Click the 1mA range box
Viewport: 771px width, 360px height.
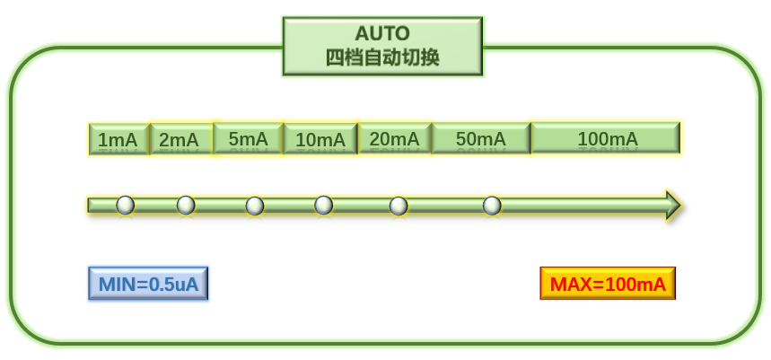point(118,140)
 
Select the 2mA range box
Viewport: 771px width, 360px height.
point(180,140)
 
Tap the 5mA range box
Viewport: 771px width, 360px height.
point(249,139)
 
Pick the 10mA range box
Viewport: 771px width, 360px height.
point(320,140)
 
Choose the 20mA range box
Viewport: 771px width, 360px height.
point(394,139)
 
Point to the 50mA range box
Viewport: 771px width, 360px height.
point(481,139)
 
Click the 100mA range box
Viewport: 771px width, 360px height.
point(606,138)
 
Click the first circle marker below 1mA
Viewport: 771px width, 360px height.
point(126,206)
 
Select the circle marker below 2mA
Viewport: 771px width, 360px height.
point(186,206)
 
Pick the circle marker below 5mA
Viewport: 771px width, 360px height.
point(255,206)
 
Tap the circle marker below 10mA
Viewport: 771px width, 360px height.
point(324,206)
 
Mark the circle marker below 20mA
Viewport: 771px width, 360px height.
point(399,206)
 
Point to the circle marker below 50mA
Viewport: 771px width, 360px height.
point(492,206)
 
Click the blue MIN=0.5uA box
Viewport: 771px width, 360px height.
point(148,284)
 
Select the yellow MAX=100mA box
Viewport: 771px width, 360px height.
point(608,284)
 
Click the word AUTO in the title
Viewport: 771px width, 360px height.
point(382,33)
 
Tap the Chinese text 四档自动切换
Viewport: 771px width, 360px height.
point(382,57)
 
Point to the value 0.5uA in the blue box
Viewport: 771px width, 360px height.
point(173,285)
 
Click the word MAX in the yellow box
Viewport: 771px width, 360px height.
point(570,285)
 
